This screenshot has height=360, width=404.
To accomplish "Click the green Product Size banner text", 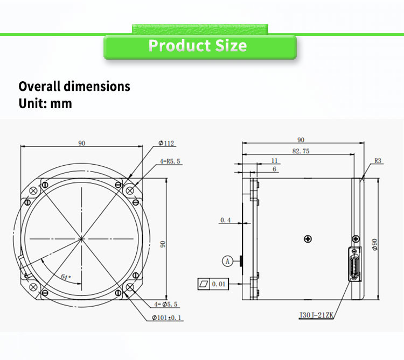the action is pyautogui.click(x=198, y=46).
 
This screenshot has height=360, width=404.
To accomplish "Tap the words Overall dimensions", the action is pyautogui.click(x=74, y=86).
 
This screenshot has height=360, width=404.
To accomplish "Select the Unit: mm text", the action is pyautogui.click(x=45, y=103).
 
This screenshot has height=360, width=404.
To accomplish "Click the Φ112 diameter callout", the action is pyautogui.click(x=166, y=143).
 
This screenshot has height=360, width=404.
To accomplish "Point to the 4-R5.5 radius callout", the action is pyautogui.click(x=170, y=161).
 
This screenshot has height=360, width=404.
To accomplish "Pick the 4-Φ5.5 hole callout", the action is pyautogui.click(x=166, y=304).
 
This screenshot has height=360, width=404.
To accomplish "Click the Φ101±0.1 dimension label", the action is pyautogui.click(x=166, y=318).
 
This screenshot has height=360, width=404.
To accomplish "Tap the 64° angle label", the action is pyautogui.click(x=66, y=277).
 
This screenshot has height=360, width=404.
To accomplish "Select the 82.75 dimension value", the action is pyautogui.click(x=301, y=151).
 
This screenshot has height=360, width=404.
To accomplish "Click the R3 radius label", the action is pyautogui.click(x=378, y=161).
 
